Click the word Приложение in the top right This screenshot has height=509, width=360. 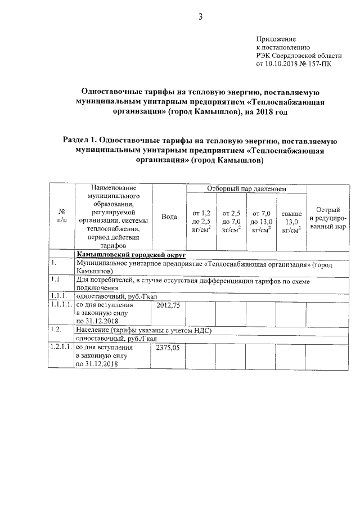[276, 39]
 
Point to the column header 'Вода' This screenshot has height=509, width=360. [169, 217]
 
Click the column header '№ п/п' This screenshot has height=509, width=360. [62, 217]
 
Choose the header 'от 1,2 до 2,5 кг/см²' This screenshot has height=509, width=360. [201, 220]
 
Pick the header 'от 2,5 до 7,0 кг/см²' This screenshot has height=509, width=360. [231, 220]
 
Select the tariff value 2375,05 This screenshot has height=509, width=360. [167, 348]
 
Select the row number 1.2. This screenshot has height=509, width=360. [56, 330]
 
